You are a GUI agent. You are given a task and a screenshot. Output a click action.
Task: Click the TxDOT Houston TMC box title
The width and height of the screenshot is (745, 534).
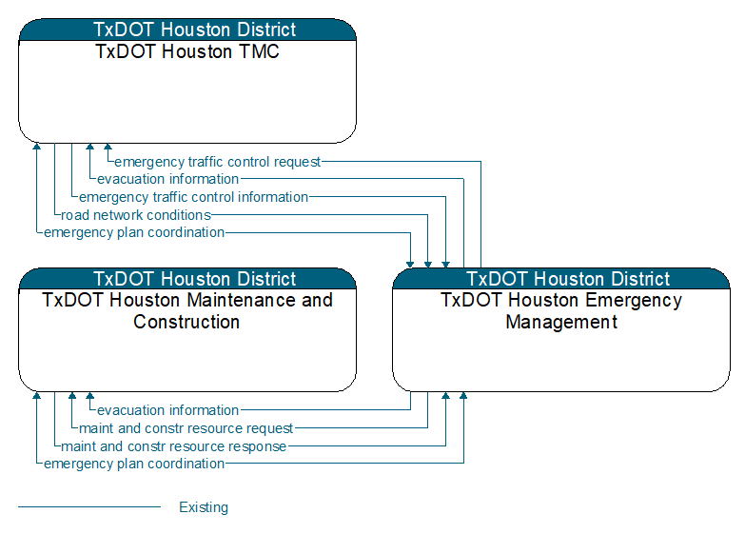tap(187, 51)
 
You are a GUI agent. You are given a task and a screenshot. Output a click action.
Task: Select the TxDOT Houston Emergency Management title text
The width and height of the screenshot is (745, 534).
tap(561, 311)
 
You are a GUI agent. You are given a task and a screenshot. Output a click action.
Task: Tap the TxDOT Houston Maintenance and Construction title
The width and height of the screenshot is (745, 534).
tap(187, 311)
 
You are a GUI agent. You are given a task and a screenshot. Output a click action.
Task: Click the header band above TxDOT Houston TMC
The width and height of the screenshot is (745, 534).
tap(187, 30)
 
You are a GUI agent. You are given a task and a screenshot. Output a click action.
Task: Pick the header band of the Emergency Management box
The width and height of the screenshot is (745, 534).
tap(561, 279)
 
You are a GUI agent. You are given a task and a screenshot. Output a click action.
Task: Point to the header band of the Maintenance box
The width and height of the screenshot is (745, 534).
tap(187, 279)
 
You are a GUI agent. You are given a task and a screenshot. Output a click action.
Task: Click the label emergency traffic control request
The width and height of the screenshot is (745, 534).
tap(218, 162)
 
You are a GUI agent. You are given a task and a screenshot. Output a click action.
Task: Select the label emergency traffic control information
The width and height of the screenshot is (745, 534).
tap(193, 197)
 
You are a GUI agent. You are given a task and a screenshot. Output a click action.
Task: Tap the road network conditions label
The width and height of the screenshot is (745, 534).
tap(136, 215)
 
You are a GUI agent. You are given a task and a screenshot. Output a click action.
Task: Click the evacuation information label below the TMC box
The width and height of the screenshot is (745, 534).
tap(167, 179)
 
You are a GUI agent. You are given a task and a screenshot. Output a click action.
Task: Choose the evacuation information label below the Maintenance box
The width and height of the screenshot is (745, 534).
tap(167, 410)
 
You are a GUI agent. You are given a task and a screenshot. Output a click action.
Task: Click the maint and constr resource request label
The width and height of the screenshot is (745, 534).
tap(186, 428)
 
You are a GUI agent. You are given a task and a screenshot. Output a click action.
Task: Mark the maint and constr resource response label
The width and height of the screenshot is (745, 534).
tap(173, 446)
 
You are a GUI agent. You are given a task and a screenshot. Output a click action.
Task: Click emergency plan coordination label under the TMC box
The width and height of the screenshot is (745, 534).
tap(134, 232)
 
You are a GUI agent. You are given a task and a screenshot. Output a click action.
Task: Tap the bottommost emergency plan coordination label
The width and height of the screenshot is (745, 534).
tap(134, 464)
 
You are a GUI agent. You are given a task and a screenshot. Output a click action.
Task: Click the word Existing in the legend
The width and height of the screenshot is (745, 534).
tap(204, 507)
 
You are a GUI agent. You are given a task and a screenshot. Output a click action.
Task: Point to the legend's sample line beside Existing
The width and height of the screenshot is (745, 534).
tap(89, 507)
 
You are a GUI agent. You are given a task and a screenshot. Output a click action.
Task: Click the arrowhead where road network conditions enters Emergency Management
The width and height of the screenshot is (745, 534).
tap(427, 265)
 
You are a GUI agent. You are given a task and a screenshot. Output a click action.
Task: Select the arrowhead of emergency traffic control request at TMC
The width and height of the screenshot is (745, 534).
tap(108, 147)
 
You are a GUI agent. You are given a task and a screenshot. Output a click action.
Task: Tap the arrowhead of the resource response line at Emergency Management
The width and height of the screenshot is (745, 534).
tap(445, 396)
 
